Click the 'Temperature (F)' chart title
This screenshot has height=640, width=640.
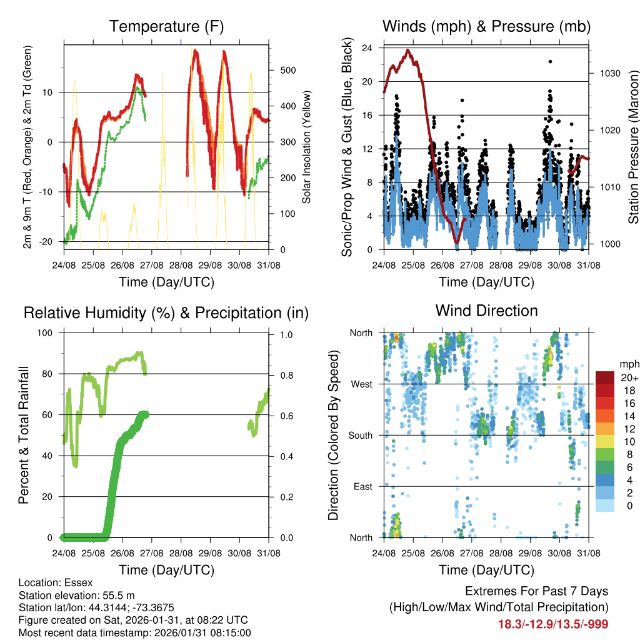166,26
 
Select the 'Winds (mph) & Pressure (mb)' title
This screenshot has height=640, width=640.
486,26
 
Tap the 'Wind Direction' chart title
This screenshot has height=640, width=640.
486,311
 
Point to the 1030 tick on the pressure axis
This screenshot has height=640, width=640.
609,73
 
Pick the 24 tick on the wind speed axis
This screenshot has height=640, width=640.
367,47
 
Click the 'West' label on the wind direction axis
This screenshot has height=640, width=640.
361,384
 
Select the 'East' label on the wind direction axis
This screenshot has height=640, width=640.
363,486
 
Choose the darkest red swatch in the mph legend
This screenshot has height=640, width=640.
605,377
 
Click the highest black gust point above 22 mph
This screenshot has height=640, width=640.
550,61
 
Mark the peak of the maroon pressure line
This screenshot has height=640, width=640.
408,50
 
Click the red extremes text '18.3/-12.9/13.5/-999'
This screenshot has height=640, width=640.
553,624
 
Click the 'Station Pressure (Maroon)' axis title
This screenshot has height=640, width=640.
633,147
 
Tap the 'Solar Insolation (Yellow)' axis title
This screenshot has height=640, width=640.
306,147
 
